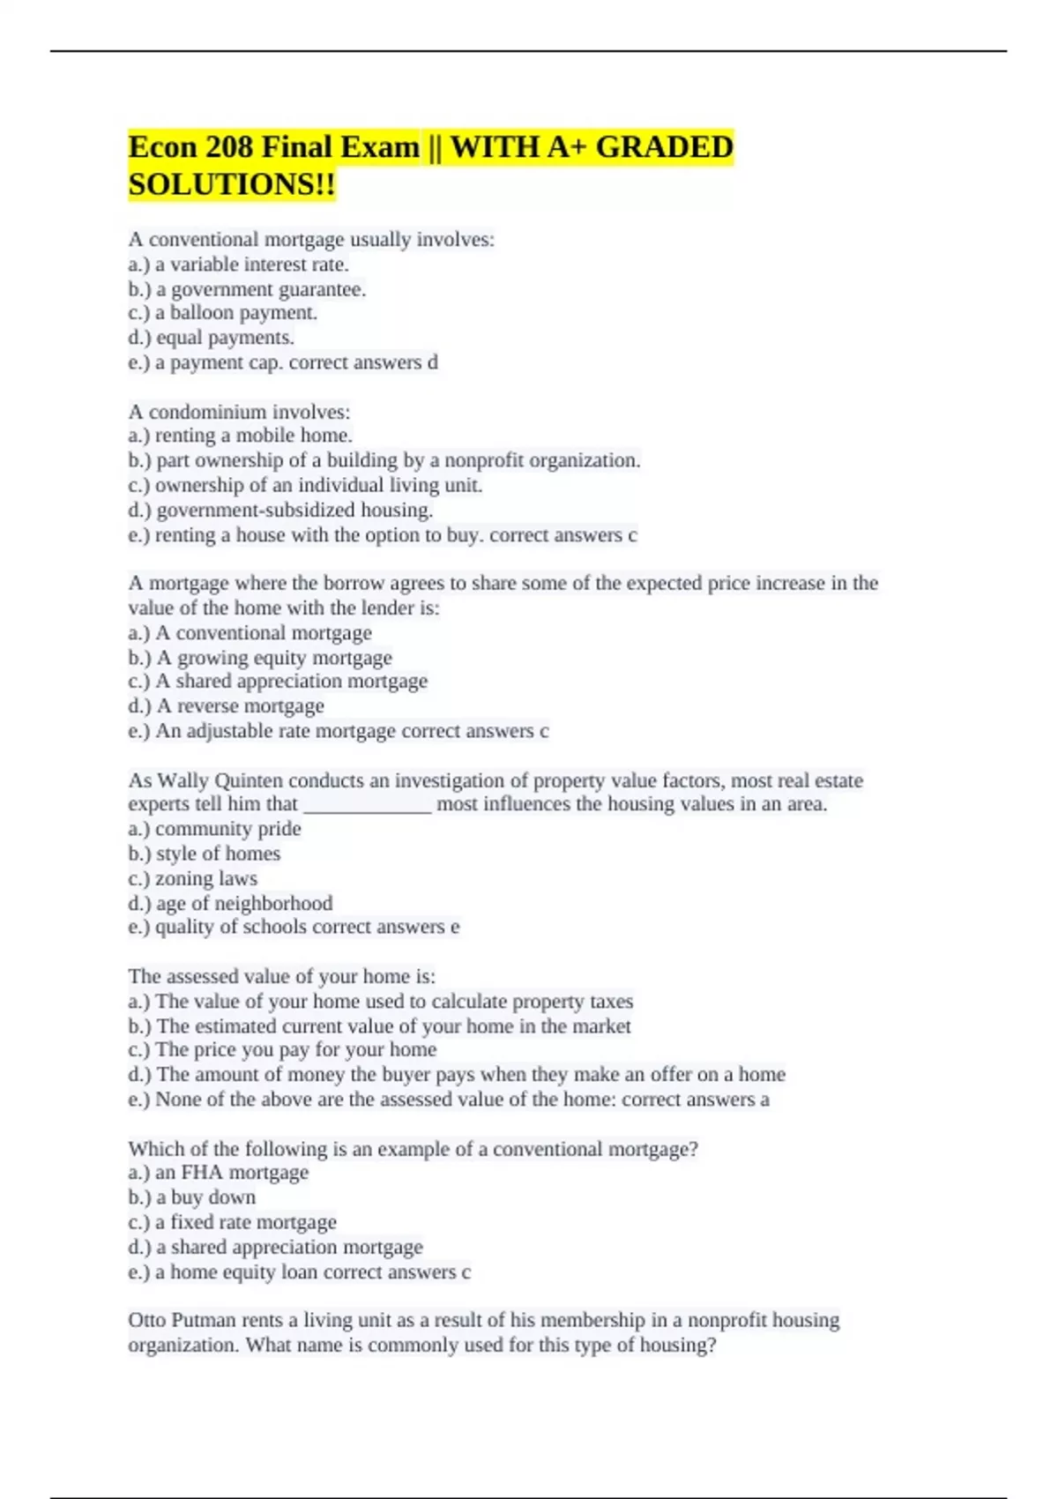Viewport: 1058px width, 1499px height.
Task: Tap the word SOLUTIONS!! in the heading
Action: pos(232,185)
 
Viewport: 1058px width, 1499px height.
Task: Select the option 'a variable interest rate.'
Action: pos(251,265)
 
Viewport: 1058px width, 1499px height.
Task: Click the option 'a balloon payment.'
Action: pos(236,313)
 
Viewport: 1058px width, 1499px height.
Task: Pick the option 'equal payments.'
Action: pos(225,338)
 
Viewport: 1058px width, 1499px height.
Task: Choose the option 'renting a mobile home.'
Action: pos(254,436)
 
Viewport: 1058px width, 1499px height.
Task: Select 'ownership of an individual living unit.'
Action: pos(318,485)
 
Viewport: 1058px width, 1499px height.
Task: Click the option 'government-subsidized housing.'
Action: pos(294,510)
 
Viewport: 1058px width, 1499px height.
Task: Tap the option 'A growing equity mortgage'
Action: pos(273,658)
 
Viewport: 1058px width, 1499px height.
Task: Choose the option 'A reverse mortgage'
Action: pos(240,706)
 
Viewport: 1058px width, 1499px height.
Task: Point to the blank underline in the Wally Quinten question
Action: pos(367,805)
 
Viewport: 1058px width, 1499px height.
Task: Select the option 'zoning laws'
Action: pos(206,879)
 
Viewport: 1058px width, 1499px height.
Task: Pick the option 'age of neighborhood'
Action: pos(244,904)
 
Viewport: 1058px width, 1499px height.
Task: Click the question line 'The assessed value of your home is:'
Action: pos(281,976)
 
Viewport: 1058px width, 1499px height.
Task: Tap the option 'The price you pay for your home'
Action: pos(295,1049)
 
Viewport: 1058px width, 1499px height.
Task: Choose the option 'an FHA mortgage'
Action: pos(232,1173)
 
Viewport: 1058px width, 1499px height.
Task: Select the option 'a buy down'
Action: pos(206,1197)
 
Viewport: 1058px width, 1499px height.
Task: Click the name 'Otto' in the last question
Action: pos(146,1320)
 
